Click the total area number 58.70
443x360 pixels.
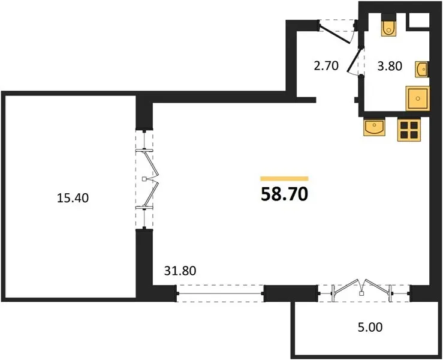point(284,194)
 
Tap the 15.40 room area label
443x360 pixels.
point(73,198)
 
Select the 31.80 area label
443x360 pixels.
point(180,271)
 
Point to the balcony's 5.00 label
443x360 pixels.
point(370,327)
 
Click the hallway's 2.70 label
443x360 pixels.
point(326,65)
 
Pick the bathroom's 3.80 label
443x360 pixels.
point(390,66)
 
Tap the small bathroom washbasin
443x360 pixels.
point(422,69)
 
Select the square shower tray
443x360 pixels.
point(418,98)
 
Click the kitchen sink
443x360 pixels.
point(374,127)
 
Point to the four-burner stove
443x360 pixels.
point(409,129)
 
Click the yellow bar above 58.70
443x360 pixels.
point(284,178)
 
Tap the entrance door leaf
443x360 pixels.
point(334,34)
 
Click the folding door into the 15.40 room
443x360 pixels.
point(148,179)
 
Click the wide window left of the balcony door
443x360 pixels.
point(220,294)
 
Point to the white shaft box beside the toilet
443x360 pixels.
point(418,20)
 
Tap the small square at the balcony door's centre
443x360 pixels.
point(361,293)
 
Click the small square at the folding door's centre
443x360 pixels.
point(144,179)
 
